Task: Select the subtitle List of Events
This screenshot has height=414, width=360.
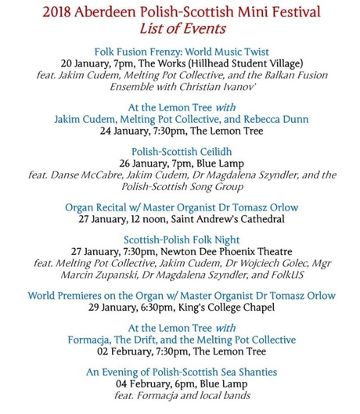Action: tap(181, 30)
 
